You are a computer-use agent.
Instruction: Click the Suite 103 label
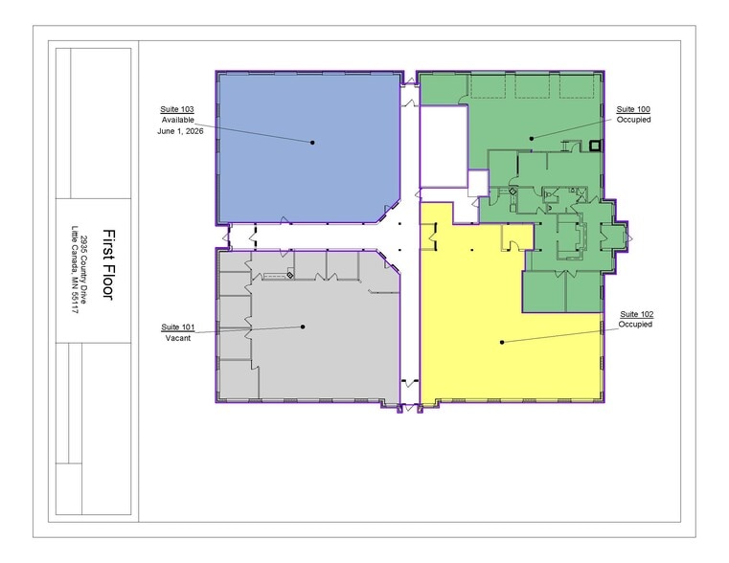coord(177,109)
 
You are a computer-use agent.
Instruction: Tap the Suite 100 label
coord(633,109)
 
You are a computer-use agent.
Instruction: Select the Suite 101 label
coord(178,327)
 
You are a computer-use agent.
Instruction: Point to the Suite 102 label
coord(636,314)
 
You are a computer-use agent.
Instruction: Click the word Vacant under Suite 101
coord(178,338)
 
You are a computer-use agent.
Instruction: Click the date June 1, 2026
coord(180,131)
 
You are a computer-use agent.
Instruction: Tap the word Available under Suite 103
coord(178,120)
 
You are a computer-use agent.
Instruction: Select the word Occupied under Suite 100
coord(634,120)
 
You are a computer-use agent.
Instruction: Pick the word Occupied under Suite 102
coord(635,325)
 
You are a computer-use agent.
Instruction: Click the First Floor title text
coord(108,265)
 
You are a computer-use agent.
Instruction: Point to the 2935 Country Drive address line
coord(84,270)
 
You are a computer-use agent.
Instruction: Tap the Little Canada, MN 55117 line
coord(75,269)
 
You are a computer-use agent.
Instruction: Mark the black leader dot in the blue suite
coord(312,142)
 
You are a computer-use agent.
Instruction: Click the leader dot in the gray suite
coord(303,327)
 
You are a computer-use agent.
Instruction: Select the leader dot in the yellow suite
coord(502,343)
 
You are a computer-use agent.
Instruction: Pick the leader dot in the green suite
coord(532,139)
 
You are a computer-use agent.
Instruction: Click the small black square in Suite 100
coord(595,146)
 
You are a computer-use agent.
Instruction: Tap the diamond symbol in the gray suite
coord(289,276)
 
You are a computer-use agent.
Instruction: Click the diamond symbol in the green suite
coord(513,191)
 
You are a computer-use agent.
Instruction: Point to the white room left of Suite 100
coord(444,146)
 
